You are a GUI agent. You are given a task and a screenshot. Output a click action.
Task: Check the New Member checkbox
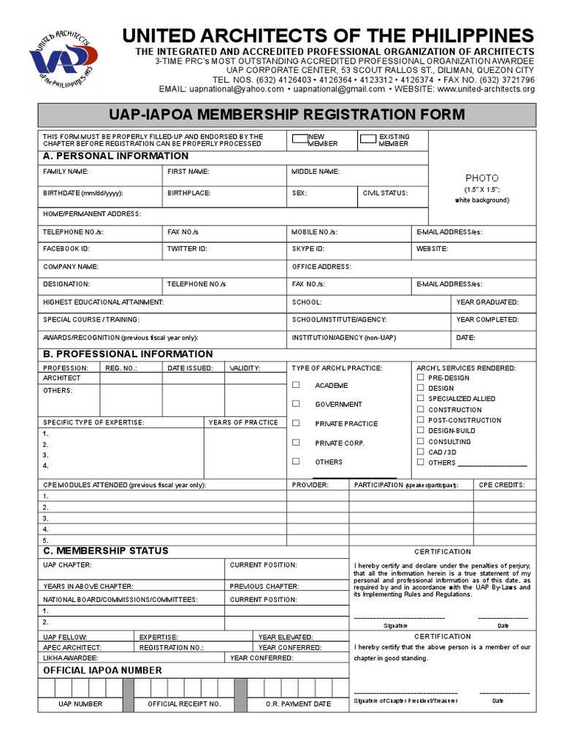click(x=299, y=137)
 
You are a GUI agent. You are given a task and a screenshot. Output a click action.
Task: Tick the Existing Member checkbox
click(x=368, y=137)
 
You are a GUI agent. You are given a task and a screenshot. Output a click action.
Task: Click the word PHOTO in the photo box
click(x=482, y=178)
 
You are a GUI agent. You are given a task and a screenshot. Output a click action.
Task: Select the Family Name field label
click(x=66, y=171)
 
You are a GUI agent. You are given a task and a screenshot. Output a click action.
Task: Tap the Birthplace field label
click(x=188, y=193)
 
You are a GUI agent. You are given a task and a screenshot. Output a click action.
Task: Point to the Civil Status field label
click(x=385, y=193)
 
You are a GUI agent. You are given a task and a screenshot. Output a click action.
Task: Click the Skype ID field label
click(x=308, y=248)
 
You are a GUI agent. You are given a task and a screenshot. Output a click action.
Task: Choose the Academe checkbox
click(x=296, y=385)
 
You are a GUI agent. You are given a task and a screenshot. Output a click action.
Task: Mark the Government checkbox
click(x=296, y=403)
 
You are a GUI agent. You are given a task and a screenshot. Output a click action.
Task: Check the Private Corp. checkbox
click(x=296, y=443)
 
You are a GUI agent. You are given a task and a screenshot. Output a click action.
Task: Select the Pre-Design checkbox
click(x=420, y=378)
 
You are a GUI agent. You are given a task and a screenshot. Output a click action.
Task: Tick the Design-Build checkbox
click(x=420, y=431)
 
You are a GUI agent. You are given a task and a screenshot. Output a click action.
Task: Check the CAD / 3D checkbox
click(x=420, y=452)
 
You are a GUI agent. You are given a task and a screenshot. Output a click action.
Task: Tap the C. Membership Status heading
click(x=106, y=551)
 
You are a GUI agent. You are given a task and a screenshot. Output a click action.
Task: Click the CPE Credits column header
click(x=502, y=485)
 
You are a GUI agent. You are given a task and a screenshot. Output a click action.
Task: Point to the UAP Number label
click(x=80, y=704)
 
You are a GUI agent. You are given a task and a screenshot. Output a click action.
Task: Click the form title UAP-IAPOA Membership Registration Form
click(x=286, y=114)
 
